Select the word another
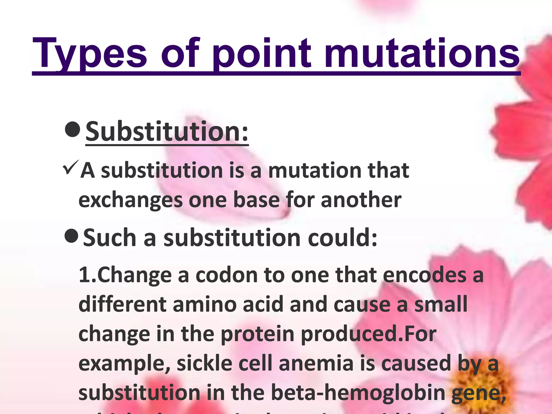(x=361, y=200)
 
